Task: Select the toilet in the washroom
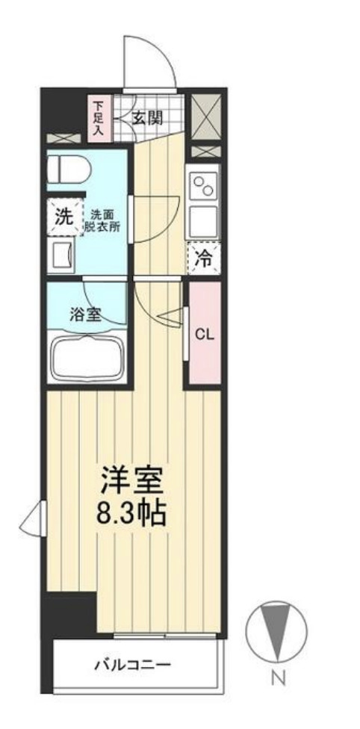(68, 169)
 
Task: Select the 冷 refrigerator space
(203, 259)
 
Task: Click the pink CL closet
(205, 334)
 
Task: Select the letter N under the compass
(277, 678)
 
